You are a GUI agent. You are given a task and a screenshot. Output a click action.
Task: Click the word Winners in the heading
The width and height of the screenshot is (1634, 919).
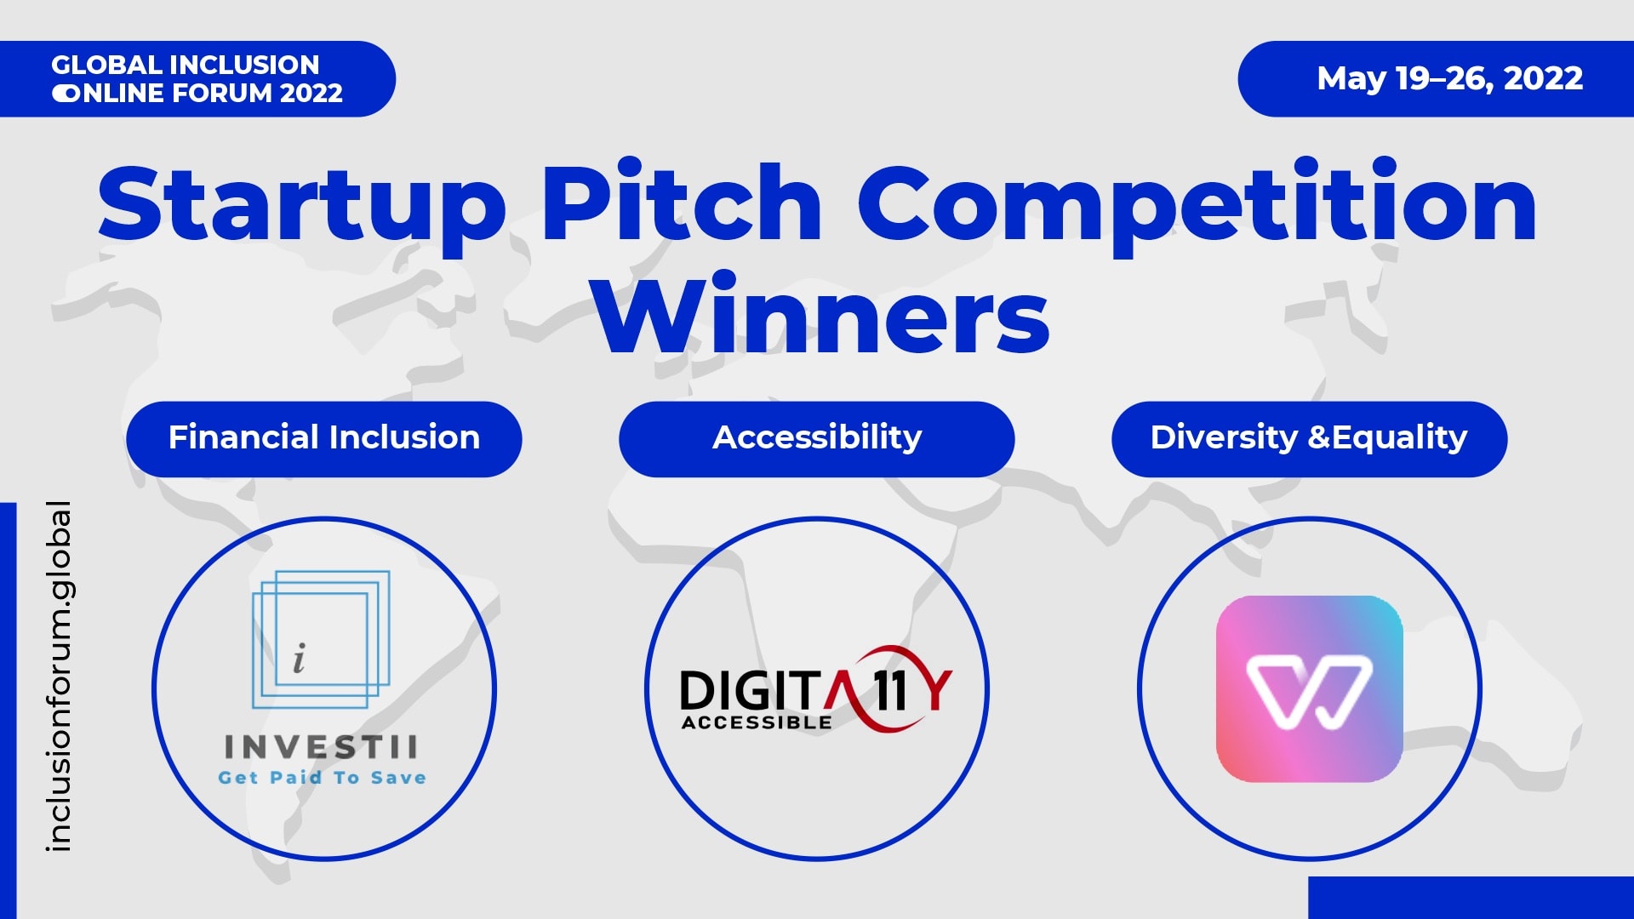click(x=822, y=312)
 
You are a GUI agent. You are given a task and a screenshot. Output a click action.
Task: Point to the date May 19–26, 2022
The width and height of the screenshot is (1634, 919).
click(x=1450, y=79)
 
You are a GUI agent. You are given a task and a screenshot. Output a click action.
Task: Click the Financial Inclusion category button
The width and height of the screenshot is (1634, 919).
click(x=324, y=439)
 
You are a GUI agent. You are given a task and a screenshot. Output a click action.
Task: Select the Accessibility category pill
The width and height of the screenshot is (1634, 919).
click(x=817, y=439)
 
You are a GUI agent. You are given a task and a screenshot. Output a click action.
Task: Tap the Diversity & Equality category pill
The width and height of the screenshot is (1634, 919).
click(x=1310, y=439)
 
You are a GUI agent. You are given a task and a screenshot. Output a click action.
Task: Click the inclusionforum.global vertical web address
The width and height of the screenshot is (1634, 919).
click(x=60, y=676)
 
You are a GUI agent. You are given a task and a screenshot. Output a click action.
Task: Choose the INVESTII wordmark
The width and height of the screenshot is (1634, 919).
click(x=322, y=747)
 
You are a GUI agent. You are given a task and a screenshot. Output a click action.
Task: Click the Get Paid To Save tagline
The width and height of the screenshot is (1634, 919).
click(x=323, y=778)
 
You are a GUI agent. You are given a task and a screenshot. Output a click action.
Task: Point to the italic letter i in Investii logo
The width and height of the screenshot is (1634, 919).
click(x=299, y=659)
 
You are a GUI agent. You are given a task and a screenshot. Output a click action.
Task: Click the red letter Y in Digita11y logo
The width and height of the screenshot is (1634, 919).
click(x=940, y=690)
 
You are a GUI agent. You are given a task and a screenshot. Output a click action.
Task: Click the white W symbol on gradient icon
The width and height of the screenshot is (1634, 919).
click(x=1310, y=691)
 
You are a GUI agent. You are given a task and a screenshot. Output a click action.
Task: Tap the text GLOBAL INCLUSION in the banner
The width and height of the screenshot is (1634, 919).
click(x=186, y=65)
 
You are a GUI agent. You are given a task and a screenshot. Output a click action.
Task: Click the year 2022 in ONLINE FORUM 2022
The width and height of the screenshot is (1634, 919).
click(x=311, y=93)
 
